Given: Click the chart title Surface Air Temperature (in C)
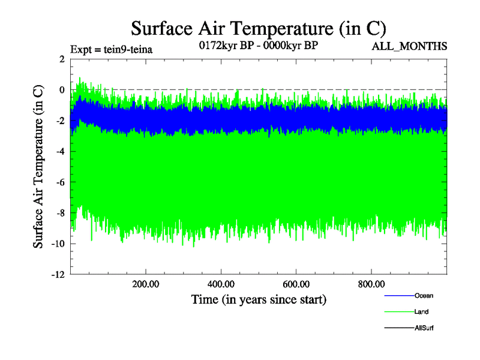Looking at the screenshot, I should point(258,28).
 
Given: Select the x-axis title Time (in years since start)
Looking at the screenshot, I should point(259,299).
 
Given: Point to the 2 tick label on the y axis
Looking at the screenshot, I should point(62,59).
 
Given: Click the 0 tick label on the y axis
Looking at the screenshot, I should point(62,90).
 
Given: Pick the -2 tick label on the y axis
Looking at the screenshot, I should point(59,121).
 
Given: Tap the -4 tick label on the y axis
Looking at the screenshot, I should point(59,152).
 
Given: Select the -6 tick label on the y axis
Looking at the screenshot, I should point(59,182).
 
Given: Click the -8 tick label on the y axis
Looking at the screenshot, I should point(59,213).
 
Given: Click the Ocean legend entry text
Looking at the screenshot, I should point(424,296).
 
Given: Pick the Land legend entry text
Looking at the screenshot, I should point(421,312).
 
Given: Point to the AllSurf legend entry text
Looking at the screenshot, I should point(424,328).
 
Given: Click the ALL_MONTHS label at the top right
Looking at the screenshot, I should point(410,46).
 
